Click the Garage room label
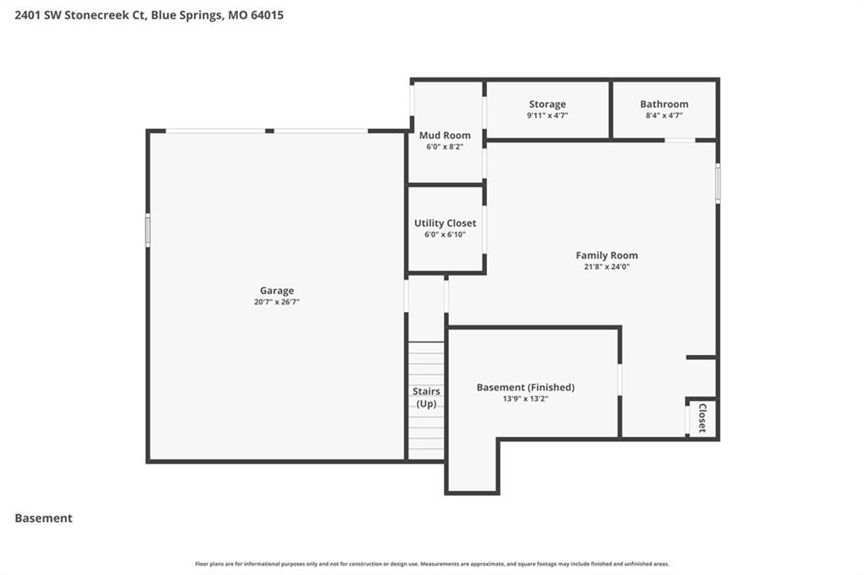(277, 291)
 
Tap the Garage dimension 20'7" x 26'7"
(277, 302)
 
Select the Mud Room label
(445, 135)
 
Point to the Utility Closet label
(445, 223)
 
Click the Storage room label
(547, 104)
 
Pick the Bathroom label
(664, 104)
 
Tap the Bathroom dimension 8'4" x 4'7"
(664, 116)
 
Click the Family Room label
(607, 255)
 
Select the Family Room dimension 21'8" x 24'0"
(607, 266)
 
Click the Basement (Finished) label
(525, 387)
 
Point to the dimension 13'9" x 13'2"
(525, 399)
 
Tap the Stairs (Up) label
(426, 397)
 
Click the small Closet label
(703, 418)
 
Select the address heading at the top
(149, 15)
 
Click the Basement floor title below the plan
(44, 519)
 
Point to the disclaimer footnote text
(432, 564)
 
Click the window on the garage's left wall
(148, 230)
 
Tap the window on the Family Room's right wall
(718, 183)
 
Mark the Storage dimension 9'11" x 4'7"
(547, 116)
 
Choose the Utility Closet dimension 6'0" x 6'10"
(445, 234)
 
